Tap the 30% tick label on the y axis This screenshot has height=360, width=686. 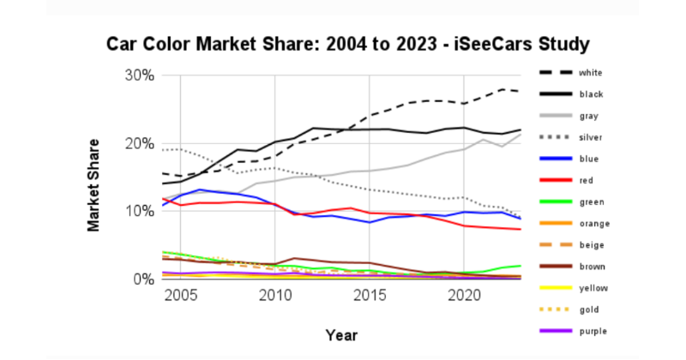tap(137, 75)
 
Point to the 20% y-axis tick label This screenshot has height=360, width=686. tap(137, 143)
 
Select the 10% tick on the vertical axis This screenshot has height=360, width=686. tap(137, 212)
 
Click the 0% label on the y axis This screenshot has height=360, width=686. tap(142, 279)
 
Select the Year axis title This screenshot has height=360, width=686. tap(342, 334)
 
